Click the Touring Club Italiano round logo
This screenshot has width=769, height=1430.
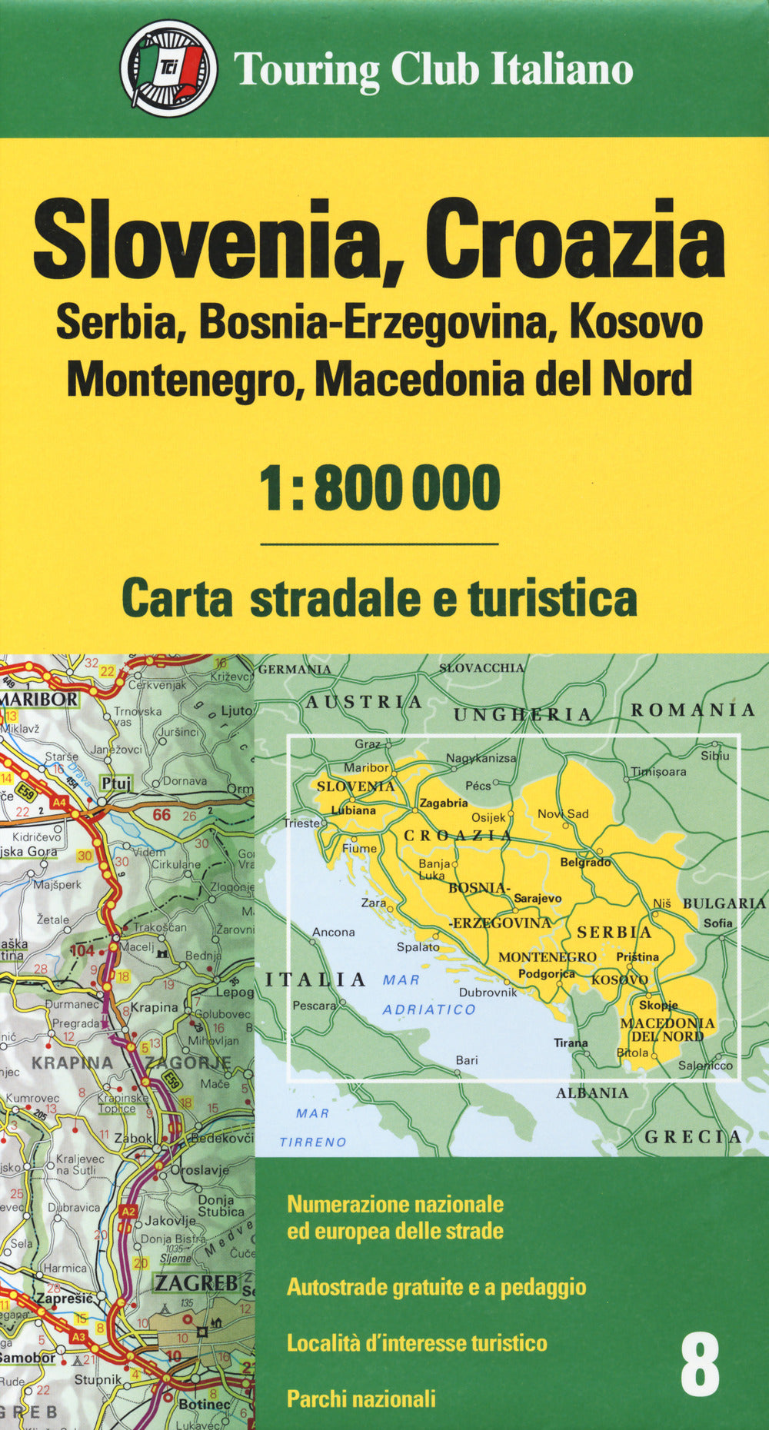168,68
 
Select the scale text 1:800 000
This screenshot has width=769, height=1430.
380,488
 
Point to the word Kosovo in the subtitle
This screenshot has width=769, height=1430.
635,323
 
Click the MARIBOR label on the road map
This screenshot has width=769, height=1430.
39,699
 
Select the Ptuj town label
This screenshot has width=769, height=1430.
116,783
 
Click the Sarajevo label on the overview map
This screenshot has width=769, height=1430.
538,898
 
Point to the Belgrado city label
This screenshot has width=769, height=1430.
585,863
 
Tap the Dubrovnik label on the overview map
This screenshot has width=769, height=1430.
488,992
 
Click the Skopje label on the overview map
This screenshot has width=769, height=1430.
658,1005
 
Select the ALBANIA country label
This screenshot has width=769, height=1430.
592,1092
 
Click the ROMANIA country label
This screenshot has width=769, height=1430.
693,710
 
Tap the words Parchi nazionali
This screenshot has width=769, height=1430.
361,1398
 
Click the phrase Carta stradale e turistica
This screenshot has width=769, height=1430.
380,599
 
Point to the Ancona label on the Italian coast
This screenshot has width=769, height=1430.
333,932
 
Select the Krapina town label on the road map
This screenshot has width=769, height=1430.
154,1007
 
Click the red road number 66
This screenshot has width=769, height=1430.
161,815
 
